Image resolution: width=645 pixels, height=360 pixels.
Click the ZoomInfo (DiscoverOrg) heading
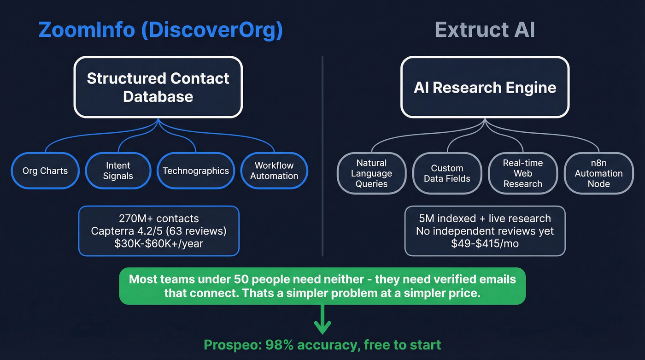160,30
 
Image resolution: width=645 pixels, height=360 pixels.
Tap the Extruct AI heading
485,30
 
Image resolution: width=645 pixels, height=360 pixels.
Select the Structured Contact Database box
158,87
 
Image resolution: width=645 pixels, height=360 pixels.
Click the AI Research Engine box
485,87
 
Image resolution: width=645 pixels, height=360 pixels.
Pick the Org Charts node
45,171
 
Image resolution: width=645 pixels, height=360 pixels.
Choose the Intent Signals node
118,171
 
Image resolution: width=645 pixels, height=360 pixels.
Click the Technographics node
196,171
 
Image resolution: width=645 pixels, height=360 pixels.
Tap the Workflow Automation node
274,171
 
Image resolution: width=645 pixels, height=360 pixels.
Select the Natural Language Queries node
371,173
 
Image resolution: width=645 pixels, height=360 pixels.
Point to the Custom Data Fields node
447,173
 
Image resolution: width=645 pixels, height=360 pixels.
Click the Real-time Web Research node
522,173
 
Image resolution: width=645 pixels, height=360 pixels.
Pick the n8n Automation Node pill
598,173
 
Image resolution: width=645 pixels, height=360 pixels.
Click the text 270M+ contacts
158,218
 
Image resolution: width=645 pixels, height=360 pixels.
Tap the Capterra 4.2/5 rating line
158,231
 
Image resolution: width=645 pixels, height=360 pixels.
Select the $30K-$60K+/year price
158,243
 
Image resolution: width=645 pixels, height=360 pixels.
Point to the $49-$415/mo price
485,243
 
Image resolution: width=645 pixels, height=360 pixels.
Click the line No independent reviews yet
485,231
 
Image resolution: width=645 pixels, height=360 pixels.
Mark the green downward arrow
322,321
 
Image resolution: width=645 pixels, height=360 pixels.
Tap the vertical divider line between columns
322,157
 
